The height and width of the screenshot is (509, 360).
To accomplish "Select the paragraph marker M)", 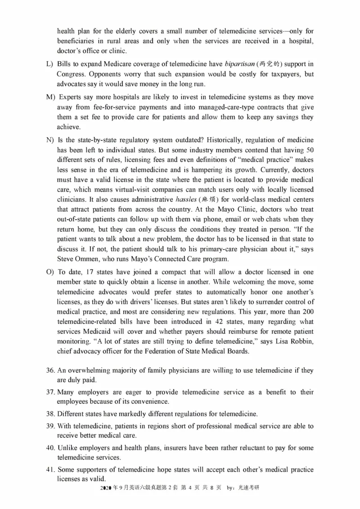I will tap(50, 97).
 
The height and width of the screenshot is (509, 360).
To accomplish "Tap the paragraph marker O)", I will tap(49, 272).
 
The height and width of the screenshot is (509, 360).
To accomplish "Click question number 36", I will tap(50, 371).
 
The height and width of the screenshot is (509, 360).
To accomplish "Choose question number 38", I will tap(50, 413).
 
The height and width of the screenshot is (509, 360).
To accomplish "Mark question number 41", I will tap(50, 469).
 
